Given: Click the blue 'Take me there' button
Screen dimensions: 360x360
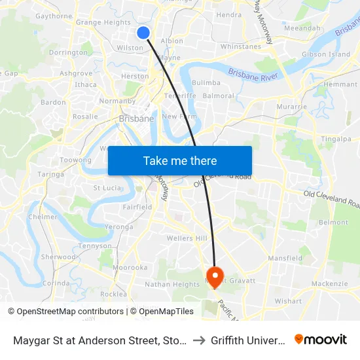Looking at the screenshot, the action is click(x=180, y=160).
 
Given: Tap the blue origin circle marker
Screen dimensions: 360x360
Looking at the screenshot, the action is click(x=144, y=32).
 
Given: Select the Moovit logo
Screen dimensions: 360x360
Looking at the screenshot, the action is click(x=321, y=340).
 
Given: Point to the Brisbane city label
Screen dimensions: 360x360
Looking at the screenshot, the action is click(x=136, y=119).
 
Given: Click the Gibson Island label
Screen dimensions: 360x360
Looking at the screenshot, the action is click(x=325, y=54).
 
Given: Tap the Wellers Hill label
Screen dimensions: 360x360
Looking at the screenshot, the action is click(x=187, y=238).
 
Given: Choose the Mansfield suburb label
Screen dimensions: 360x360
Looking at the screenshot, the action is click(x=285, y=259).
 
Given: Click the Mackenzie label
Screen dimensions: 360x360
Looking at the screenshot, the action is click(x=329, y=284).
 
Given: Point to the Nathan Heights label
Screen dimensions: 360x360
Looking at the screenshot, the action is click(x=171, y=285).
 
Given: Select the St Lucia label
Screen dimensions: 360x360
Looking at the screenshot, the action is click(x=107, y=188).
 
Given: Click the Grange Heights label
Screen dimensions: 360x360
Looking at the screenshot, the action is click(x=103, y=22).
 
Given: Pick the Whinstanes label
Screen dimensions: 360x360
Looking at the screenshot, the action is click(x=241, y=46).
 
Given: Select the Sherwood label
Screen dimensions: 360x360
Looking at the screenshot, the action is click(x=58, y=257).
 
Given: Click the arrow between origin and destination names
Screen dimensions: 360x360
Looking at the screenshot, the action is click(x=199, y=340).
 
